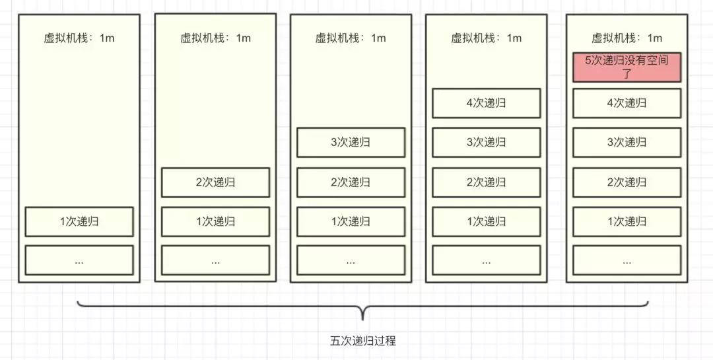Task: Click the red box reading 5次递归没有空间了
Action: pyautogui.click(x=627, y=67)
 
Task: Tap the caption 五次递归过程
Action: pyautogui.click(x=362, y=341)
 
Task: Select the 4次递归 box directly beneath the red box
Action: pyautogui.click(x=627, y=103)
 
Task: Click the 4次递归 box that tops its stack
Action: pyautogui.click(x=486, y=103)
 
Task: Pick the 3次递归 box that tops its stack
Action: pyautogui.click(x=351, y=143)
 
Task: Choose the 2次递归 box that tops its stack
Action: pyautogui.click(x=215, y=182)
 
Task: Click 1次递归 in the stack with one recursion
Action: pyautogui.click(x=79, y=222)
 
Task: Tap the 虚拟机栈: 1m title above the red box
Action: pyautogui.click(x=627, y=38)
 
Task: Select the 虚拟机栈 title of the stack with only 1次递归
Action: pyautogui.click(x=79, y=38)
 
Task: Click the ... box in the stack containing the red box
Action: pyautogui.click(x=627, y=260)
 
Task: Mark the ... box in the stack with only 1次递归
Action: pyautogui.click(x=79, y=260)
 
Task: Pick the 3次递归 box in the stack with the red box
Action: pyautogui.click(x=627, y=143)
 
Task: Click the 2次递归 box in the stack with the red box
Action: pyautogui.click(x=627, y=182)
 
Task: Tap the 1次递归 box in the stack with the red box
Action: pyautogui.click(x=627, y=222)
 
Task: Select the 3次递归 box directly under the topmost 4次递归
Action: pyautogui.click(x=486, y=143)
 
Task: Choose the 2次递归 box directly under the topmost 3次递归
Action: pyautogui.click(x=351, y=182)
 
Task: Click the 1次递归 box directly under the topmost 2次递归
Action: pyautogui.click(x=215, y=222)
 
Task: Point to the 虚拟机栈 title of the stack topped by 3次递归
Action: pyautogui.click(x=351, y=38)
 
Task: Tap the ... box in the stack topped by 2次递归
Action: pyautogui.click(x=215, y=260)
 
